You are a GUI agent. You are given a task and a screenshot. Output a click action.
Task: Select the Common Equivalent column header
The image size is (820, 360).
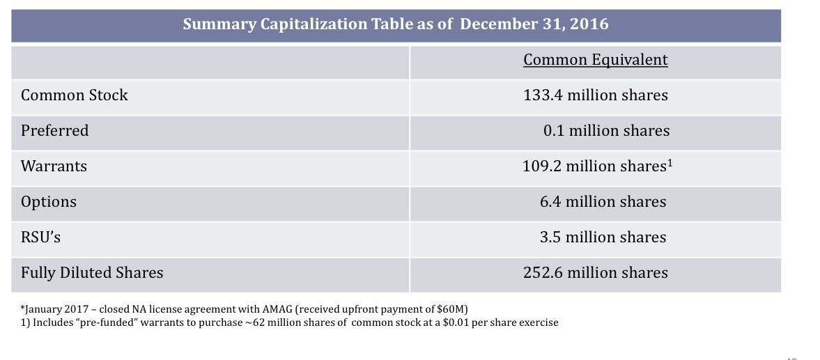click(595, 60)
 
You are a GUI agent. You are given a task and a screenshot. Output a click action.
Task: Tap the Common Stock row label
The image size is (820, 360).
click(75, 95)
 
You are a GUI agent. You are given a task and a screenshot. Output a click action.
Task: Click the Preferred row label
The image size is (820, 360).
click(55, 131)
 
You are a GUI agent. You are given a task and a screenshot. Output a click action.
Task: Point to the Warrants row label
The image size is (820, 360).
click(54, 166)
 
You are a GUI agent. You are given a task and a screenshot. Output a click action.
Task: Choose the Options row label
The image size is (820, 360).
click(49, 202)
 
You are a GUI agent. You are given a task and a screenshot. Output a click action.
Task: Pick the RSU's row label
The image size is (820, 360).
click(41, 237)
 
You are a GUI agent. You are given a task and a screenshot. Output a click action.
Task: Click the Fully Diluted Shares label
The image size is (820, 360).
click(92, 273)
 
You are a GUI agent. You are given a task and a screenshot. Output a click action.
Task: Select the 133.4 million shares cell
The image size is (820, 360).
click(595, 95)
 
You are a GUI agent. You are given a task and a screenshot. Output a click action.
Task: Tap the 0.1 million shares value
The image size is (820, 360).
click(606, 131)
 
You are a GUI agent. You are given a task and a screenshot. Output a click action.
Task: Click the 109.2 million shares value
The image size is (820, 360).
click(593, 166)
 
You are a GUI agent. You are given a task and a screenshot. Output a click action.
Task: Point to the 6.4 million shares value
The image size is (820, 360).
click(603, 202)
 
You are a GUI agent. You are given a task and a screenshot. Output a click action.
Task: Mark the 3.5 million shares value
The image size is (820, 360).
click(603, 237)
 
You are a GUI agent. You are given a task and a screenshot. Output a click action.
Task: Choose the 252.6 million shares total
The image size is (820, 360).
click(595, 273)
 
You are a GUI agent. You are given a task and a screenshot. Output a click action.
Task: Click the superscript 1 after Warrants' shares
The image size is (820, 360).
click(670, 164)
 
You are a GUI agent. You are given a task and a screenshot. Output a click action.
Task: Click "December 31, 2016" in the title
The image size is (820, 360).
click(534, 24)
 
